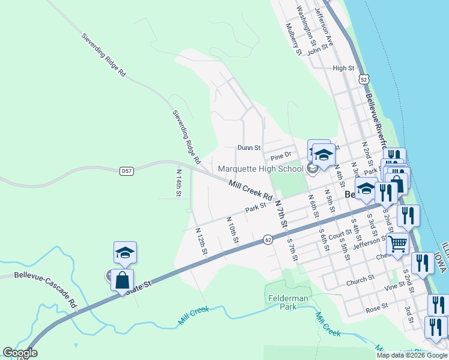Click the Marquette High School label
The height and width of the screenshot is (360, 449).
pyautogui.click(x=261, y=169)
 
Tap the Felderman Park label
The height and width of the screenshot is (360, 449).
pyautogui.click(x=286, y=302)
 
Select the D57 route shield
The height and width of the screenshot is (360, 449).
pyautogui.click(x=126, y=171)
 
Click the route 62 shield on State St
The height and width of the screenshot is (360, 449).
pyautogui.click(x=268, y=240)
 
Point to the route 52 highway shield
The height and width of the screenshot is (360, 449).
pyautogui.click(x=363, y=79)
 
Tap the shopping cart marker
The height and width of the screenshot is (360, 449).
pyautogui.click(x=397, y=244)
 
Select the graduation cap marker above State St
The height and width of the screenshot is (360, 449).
pyautogui.click(x=125, y=253)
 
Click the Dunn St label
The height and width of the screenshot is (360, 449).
pyautogui.click(x=249, y=147)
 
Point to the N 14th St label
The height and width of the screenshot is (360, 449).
pyautogui.click(x=178, y=183)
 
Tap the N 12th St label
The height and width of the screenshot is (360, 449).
pyautogui.click(x=201, y=240)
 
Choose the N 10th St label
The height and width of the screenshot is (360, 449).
pyautogui.click(x=232, y=230)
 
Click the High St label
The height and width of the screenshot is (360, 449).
pyautogui.click(x=343, y=68)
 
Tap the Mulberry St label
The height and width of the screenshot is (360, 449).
pyautogui.click(x=293, y=39)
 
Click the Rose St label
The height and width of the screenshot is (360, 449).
pyautogui.click(x=377, y=308)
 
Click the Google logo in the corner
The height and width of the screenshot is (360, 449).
pyautogui.click(x=20, y=353)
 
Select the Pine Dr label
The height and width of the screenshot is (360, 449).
pyautogui.click(x=280, y=157)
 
